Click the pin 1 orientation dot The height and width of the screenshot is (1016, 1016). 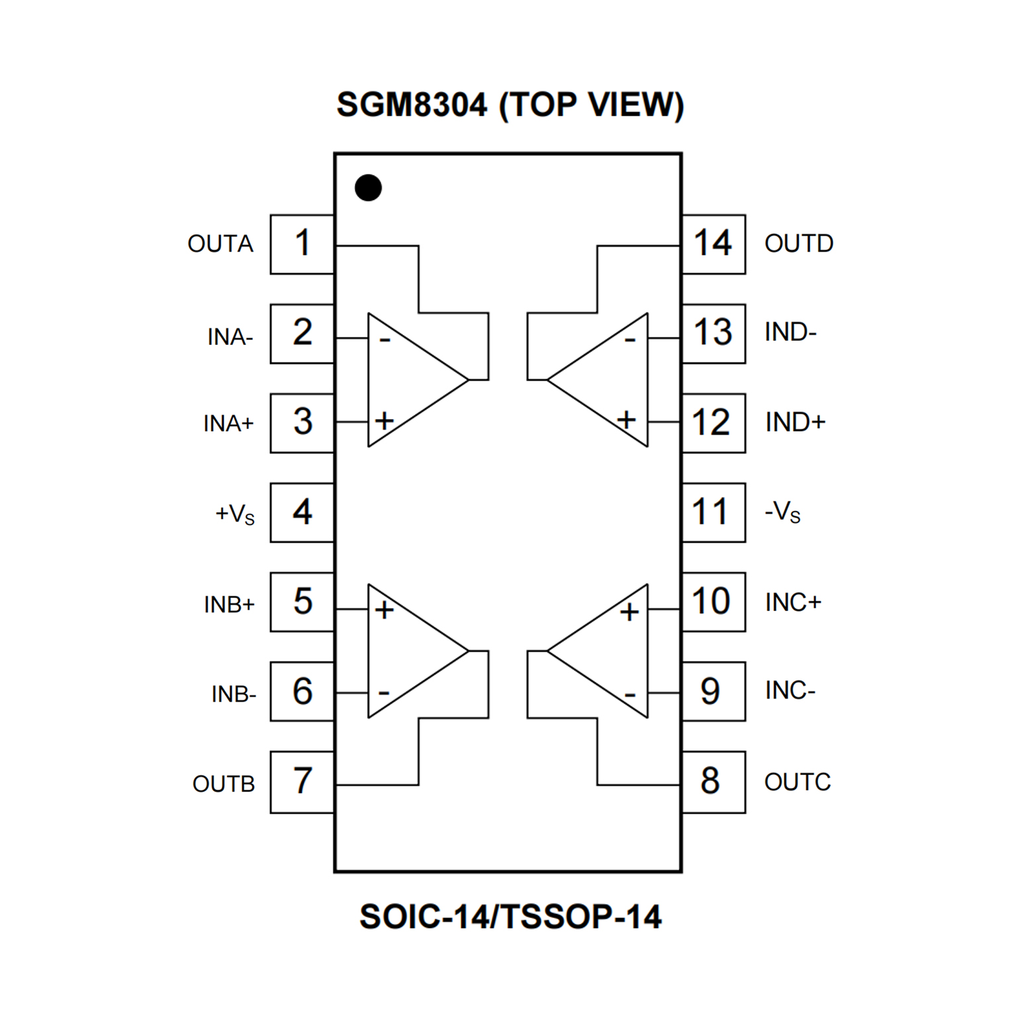[368, 188]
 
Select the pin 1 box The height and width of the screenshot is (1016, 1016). [302, 244]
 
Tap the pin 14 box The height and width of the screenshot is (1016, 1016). [713, 244]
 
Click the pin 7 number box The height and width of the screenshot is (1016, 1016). [302, 782]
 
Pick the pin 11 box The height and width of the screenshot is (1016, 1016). [713, 512]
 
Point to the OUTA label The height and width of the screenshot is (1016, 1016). [220, 244]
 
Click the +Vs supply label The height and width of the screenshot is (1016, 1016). [235, 514]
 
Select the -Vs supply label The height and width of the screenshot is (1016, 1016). [782, 512]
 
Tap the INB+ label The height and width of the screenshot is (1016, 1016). [229, 604]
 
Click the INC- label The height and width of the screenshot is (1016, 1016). [790, 690]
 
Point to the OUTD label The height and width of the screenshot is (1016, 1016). [798, 244]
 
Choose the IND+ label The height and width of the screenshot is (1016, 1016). [795, 422]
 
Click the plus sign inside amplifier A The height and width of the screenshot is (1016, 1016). [385, 421]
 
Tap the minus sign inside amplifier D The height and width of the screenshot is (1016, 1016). [629, 341]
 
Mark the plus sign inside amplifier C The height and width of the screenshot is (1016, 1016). [629, 612]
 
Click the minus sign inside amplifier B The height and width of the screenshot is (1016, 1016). [384, 694]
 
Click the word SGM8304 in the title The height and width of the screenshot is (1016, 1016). [411, 105]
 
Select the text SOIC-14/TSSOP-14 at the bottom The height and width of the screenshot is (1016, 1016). [510, 917]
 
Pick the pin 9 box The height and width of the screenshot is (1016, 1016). [713, 691]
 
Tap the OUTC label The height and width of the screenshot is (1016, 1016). [797, 782]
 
